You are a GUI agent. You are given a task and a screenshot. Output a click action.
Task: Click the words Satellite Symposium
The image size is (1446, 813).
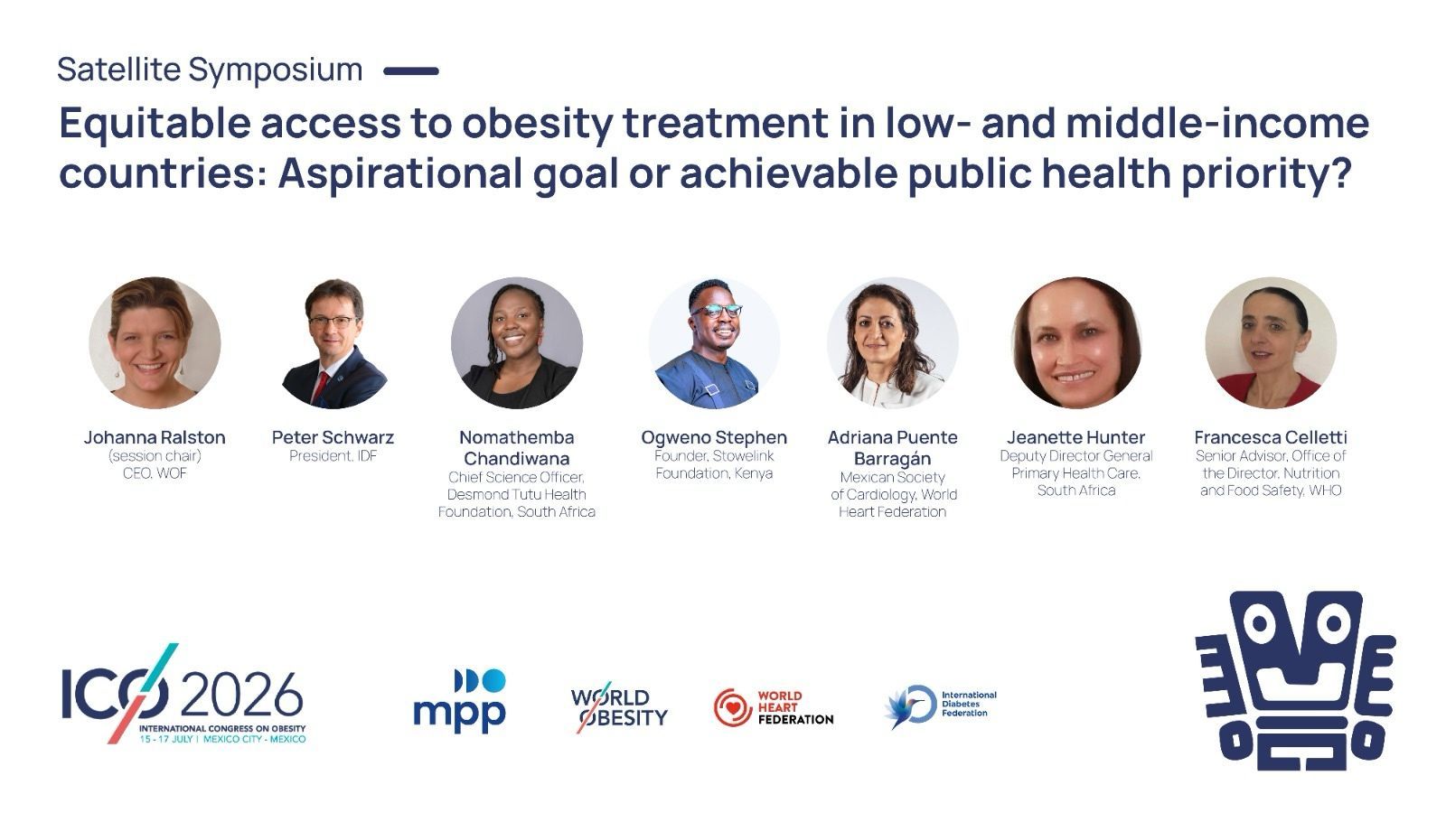(210, 70)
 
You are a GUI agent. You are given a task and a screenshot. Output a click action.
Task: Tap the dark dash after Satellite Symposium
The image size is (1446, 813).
(411, 71)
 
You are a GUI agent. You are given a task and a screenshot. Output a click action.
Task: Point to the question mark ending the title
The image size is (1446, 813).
(1340, 173)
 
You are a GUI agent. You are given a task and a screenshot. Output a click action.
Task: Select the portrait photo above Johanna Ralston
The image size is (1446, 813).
(155, 342)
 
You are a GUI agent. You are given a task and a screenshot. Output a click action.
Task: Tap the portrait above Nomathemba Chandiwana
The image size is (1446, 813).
(516, 342)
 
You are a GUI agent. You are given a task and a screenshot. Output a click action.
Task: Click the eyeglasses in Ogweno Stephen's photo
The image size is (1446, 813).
(718, 311)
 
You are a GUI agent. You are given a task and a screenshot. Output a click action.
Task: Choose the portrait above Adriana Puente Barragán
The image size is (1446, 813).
(893, 342)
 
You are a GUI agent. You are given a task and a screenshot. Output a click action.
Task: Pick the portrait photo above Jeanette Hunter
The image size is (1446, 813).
(1076, 342)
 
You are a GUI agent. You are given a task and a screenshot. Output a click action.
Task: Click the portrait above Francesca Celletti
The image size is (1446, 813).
(1271, 342)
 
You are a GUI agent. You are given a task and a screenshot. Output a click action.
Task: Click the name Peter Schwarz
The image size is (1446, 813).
(333, 437)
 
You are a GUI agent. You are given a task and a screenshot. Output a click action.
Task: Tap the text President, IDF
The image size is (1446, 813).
(333, 456)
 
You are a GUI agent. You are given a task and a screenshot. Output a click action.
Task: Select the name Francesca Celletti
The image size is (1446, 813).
(1271, 437)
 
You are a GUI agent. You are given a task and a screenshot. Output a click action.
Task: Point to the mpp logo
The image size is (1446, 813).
(460, 701)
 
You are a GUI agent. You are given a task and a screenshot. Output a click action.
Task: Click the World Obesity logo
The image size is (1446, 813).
(619, 707)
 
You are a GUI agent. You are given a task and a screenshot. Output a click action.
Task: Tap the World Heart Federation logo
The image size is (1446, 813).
(774, 708)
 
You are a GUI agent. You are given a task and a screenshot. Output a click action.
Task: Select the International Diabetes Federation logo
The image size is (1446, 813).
(940, 706)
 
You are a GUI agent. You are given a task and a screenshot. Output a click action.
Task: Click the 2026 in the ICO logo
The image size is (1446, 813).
(242, 696)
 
